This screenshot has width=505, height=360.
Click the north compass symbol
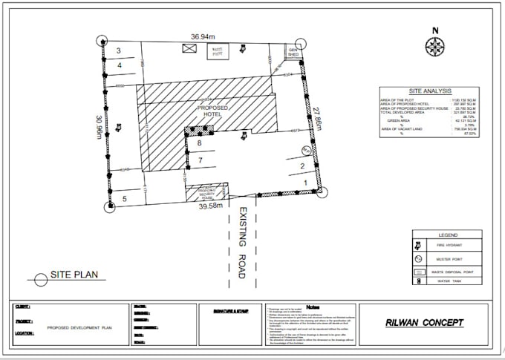click(434, 46)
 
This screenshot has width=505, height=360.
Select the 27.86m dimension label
click(317, 119)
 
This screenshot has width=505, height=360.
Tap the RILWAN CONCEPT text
click(426, 323)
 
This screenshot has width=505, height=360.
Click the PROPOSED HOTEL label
click(212, 111)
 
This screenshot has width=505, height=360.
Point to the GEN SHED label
click(293, 52)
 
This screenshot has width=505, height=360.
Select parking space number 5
click(125, 198)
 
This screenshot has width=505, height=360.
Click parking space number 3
click(119, 50)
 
